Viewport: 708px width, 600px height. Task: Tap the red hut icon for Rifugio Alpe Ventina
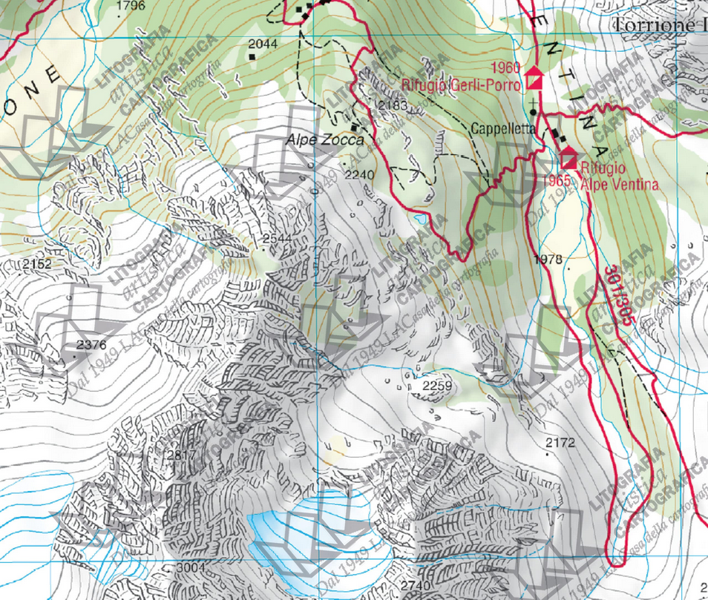coord(569,158)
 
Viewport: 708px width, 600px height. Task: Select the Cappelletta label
coord(502,128)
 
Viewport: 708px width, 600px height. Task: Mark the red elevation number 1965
coord(556,181)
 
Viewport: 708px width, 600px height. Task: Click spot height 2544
coord(277,238)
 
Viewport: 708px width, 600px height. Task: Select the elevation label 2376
coord(91,345)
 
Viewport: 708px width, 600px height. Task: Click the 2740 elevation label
coord(414,585)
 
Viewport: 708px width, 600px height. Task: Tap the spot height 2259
coord(436,386)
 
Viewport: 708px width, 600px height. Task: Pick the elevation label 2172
coord(560,443)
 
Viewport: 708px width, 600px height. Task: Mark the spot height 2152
coord(37,264)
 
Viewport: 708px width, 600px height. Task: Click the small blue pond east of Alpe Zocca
coord(421,220)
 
